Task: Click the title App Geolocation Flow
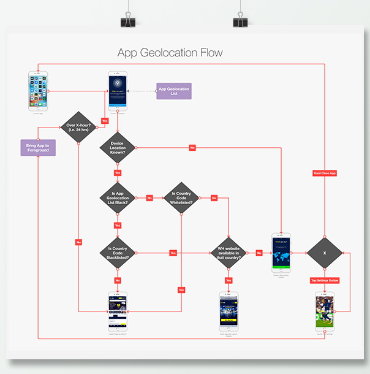click(170, 53)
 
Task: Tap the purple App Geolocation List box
click(174, 91)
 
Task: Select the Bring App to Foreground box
click(38, 148)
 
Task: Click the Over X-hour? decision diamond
click(78, 128)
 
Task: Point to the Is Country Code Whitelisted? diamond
click(181, 198)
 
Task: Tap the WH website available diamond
click(228, 252)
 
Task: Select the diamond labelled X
click(325, 252)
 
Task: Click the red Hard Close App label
click(325, 174)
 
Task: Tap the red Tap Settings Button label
click(325, 280)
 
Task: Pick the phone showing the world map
click(281, 252)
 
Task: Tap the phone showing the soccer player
click(325, 311)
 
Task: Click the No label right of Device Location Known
click(192, 148)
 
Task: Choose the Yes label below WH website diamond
click(228, 280)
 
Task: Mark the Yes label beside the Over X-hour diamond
click(105, 121)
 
